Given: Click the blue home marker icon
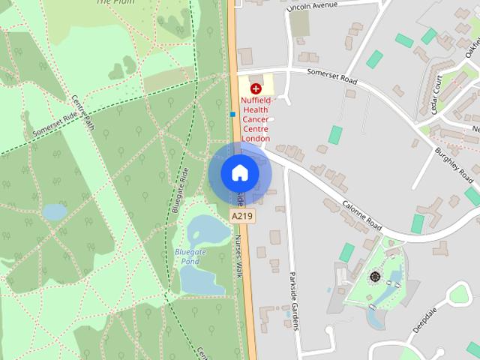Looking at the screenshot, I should pos(240,172).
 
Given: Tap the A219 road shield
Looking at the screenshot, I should pos(240,216).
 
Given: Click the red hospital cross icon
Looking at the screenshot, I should pos(256,88).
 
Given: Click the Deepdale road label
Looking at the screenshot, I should pos(426,319).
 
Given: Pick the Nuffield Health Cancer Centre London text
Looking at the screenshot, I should pos(256,118).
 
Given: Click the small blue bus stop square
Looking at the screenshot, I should pos(233,115).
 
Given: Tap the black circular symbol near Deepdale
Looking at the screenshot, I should pos(374,277).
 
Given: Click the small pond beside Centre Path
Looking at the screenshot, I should pos(55,212).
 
